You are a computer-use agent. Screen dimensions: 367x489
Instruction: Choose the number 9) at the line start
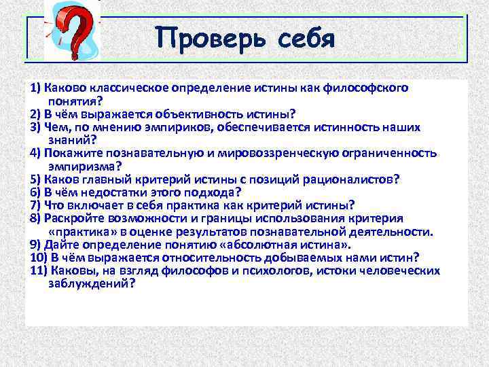pyautogui.click(x=35, y=244)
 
